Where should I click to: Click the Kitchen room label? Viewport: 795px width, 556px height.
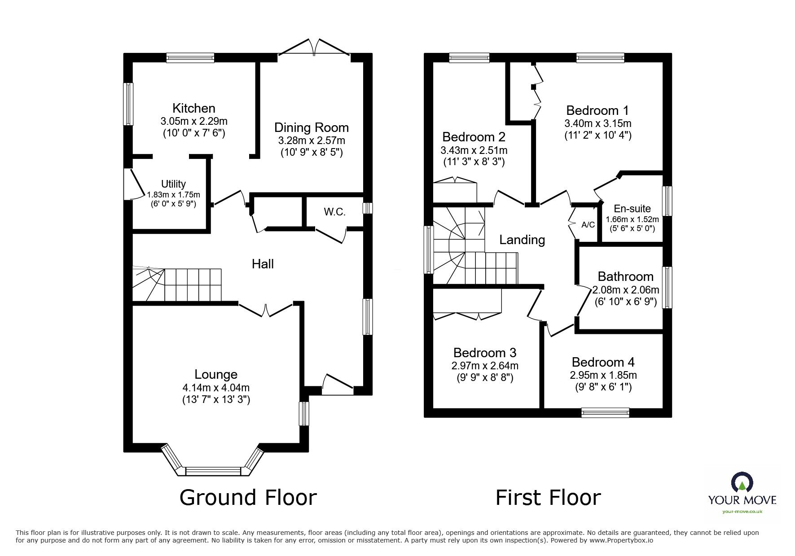click(194, 108)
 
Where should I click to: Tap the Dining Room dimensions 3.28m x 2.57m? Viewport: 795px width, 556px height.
click(312, 140)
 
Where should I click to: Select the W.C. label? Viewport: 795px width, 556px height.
click(334, 212)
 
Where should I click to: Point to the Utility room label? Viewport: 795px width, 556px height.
click(173, 184)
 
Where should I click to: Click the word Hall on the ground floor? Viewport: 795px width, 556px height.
click(263, 264)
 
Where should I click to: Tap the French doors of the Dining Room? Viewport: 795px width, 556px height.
click(314, 48)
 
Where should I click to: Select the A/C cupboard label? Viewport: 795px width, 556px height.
click(588, 225)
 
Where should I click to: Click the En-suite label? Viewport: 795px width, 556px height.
click(632, 209)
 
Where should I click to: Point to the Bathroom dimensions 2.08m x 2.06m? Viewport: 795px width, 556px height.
click(626, 290)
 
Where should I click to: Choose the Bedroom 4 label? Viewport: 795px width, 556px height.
click(603, 362)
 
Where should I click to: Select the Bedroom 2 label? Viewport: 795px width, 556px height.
click(474, 136)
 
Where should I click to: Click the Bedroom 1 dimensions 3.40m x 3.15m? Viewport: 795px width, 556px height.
click(598, 123)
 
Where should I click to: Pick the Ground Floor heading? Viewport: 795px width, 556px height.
click(248, 498)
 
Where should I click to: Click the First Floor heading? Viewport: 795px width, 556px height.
click(548, 498)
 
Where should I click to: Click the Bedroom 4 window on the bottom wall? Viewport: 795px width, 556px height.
click(605, 412)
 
